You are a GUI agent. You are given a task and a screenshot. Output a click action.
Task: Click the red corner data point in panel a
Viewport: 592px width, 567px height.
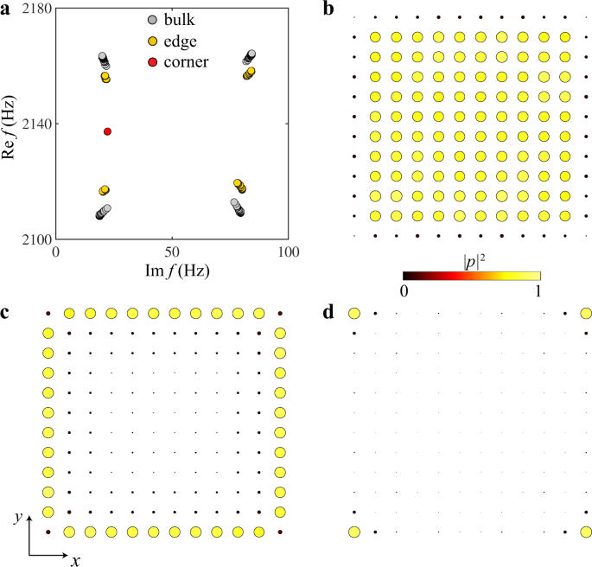tap(107, 131)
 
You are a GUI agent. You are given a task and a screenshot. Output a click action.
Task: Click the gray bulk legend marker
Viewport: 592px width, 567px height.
tap(152, 19)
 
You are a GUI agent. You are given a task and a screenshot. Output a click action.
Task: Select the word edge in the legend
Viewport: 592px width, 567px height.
tap(183, 41)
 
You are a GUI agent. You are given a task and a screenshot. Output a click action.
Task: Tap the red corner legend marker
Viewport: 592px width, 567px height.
tap(152, 62)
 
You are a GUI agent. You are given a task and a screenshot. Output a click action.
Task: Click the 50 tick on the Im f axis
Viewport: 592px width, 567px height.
tap(172, 252)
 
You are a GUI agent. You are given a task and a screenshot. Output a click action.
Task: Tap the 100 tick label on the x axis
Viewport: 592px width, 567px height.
tap(289, 252)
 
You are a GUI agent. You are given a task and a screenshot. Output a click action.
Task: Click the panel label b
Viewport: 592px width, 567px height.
tap(328, 9)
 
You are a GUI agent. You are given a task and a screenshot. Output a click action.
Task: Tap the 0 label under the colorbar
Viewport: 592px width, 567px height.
tap(404, 292)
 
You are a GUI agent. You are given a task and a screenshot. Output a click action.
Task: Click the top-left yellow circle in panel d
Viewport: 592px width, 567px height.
tap(353, 314)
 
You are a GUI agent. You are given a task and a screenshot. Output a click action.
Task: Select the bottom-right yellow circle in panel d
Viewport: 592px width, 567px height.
tap(587, 532)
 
